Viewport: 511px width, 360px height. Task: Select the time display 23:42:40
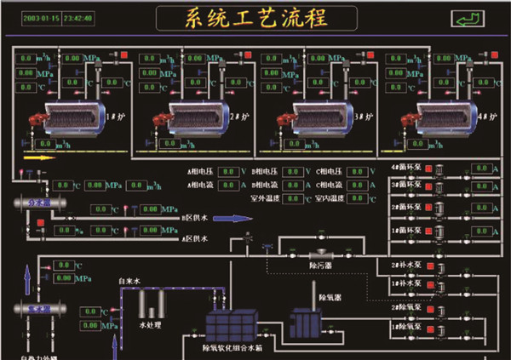[78, 17]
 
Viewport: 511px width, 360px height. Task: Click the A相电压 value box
[227, 171]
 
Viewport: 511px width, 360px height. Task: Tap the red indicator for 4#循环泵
[428, 169]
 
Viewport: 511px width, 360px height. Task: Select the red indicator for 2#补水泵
[428, 265]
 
